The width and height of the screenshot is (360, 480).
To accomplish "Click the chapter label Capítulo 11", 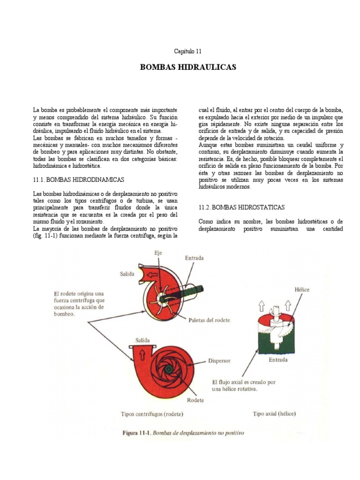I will coord(188,52).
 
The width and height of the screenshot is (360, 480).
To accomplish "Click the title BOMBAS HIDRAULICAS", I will coord(188,67).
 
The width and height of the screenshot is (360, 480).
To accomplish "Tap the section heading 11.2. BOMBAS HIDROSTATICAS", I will coord(241,207).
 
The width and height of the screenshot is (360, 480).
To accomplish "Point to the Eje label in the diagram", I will coord(158,253).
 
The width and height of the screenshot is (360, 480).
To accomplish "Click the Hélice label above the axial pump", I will coord(301,290).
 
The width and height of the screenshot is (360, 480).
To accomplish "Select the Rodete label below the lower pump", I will coord(195,400).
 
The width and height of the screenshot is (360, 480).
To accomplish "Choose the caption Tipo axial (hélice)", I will coord(274,414).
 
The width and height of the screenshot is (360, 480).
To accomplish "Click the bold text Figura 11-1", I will coord(135,433).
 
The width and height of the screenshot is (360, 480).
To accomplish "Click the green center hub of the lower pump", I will coord(168,369).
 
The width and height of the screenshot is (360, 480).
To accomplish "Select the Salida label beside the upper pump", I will coord(127,273).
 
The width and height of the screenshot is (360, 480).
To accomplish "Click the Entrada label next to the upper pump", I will coord(195,258).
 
